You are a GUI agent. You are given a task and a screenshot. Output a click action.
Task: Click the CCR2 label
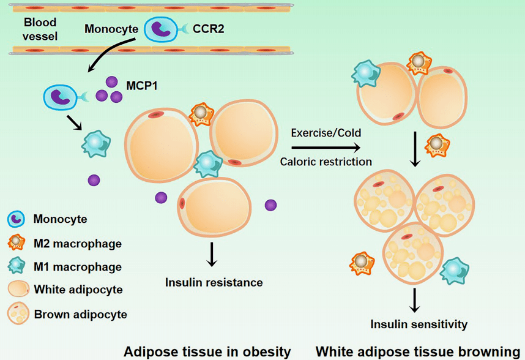click(208, 29)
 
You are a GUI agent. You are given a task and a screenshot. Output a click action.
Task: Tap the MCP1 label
click(141, 86)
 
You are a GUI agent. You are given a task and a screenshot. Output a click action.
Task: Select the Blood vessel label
click(40, 29)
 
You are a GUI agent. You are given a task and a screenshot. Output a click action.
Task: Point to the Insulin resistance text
click(214, 283)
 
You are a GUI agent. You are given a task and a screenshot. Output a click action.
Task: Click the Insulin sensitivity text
click(419, 324)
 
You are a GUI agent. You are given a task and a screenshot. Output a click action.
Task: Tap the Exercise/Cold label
click(326, 133)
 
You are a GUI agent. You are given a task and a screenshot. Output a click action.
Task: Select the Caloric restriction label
click(326, 162)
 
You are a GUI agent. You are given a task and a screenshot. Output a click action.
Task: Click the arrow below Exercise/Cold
click(326, 148)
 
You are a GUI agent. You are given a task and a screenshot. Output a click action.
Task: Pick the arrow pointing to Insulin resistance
click(211, 254)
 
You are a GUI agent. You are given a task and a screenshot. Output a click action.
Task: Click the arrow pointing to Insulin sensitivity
click(415, 301)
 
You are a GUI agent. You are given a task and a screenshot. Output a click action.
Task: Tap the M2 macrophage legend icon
click(17, 242)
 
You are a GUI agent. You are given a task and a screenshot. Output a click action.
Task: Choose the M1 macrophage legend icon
click(17, 266)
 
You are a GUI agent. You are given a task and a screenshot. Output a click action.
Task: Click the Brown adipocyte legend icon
click(18, 313)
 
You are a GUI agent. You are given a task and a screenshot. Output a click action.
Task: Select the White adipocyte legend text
click(78, 290)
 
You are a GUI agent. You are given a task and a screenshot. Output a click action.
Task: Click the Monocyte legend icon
click(16, 219)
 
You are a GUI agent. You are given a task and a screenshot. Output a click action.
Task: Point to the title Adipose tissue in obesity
click(207, 352)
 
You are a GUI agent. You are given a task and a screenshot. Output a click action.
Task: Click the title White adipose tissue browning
click(418, 352)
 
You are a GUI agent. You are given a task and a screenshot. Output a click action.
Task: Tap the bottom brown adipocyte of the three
click(413, 253)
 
